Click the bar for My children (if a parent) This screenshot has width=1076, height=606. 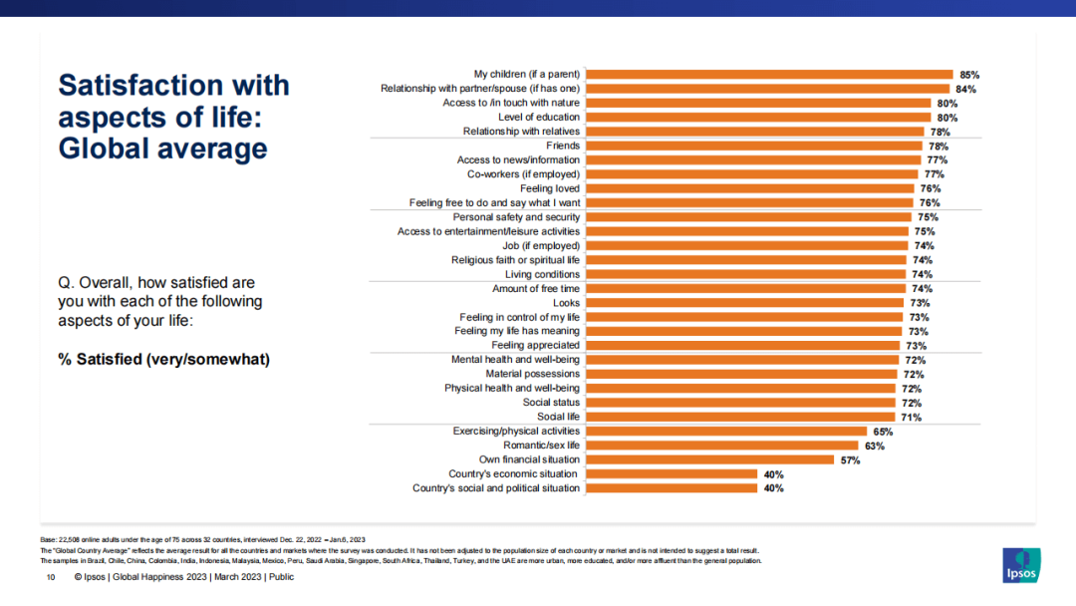768,74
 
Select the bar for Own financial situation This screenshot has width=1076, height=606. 708,459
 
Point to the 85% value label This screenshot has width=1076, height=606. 969,74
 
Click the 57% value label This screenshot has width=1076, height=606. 850,459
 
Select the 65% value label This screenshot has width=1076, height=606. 883,432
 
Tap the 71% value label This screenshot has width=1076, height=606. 911,417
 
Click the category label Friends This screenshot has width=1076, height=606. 563,146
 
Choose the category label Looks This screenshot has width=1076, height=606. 566,303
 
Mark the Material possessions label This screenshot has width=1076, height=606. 532,374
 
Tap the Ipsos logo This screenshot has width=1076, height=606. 1021,564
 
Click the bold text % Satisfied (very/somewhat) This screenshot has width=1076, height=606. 163,359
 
